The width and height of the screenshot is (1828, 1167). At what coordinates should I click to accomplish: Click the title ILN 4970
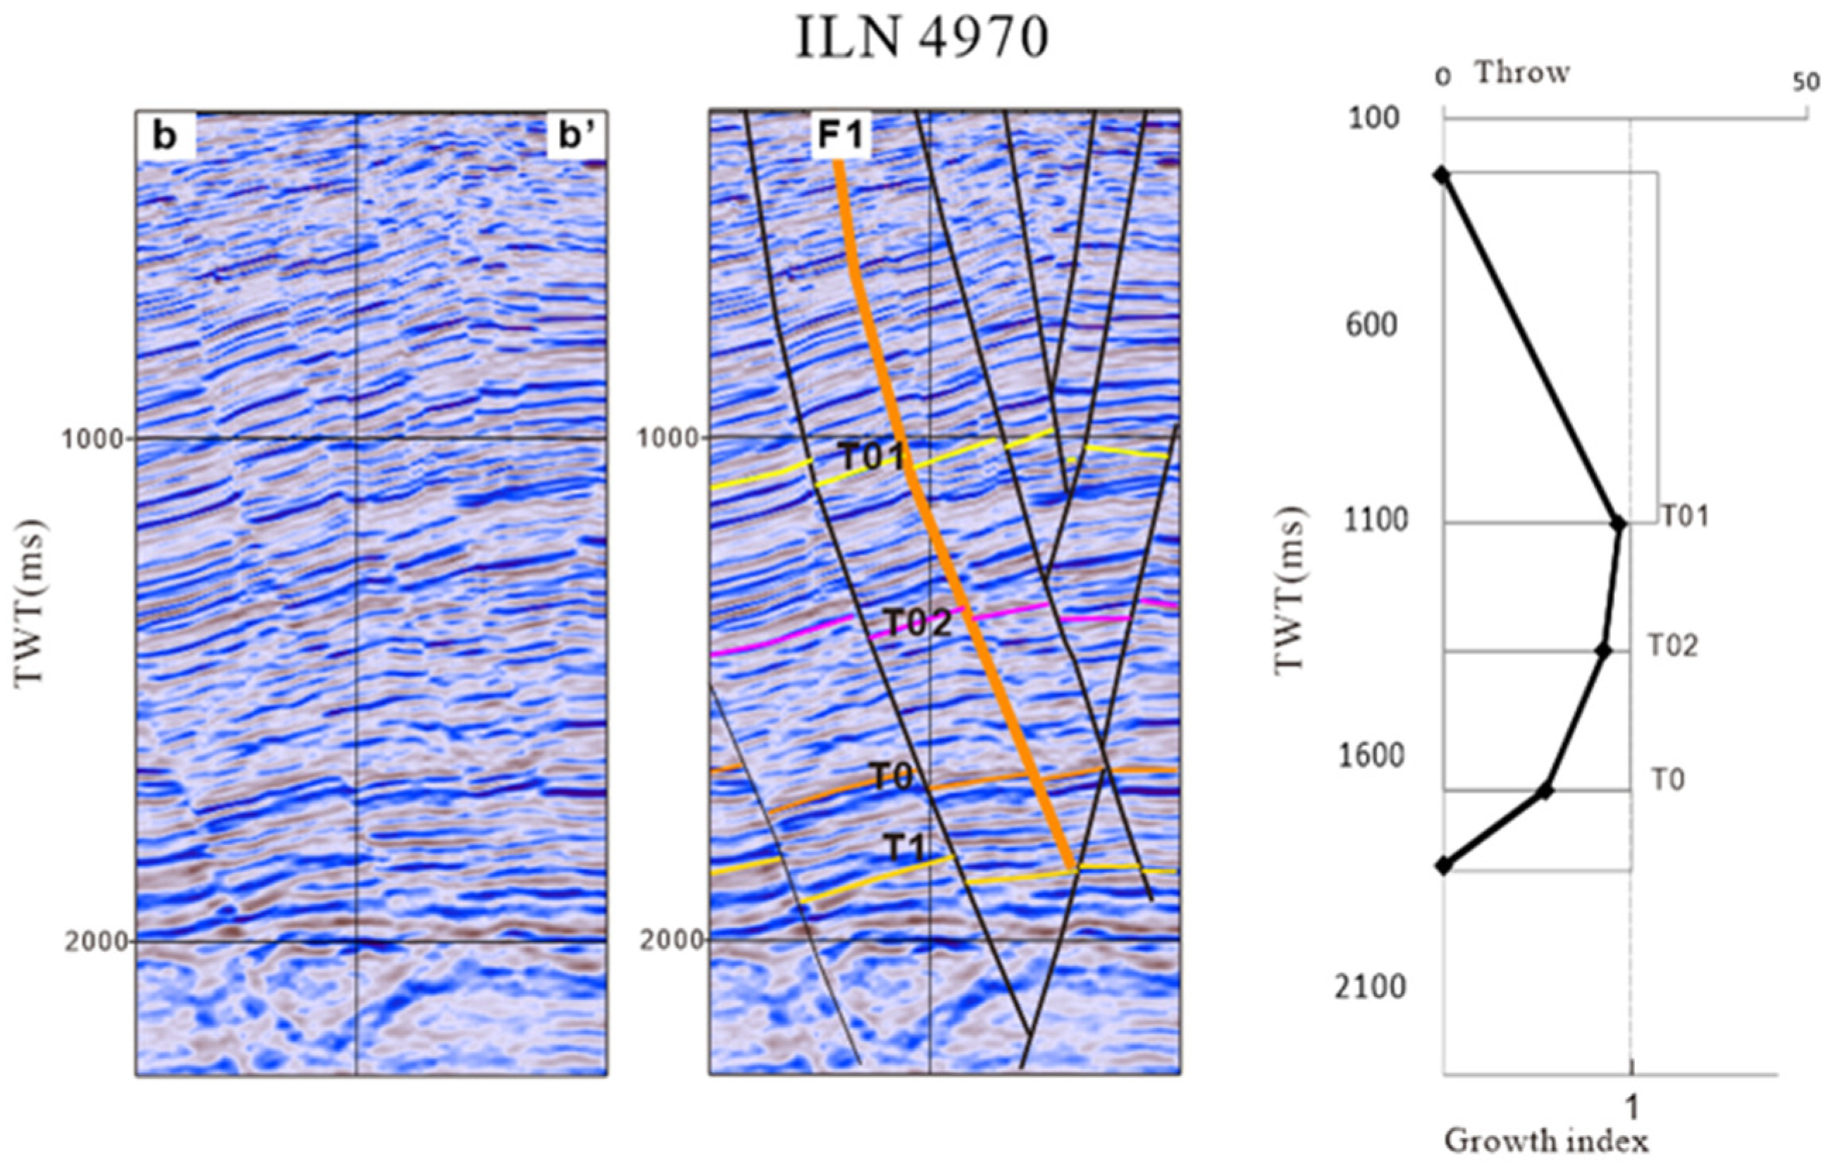tap(921, 39)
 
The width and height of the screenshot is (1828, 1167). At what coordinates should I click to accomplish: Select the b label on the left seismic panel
tap(165, 137)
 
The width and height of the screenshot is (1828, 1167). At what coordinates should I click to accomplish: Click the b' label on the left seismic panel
tap(576, 137)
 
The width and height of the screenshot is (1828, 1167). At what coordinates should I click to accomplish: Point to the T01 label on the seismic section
tap(873, 457)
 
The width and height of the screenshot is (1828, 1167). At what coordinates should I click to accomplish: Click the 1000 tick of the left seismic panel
tap(96, 439)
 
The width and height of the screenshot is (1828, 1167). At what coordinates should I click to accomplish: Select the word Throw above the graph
tap(1522, 73)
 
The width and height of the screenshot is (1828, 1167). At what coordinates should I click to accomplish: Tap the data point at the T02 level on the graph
tap(1603, 650)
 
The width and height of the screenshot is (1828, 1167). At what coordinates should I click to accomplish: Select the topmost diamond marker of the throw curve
tap(1442, 175)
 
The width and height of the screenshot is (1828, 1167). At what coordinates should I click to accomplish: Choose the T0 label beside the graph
tap(1669, 781)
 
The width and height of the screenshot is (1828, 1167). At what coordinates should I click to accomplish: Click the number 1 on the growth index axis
tap(1632, 1109)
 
